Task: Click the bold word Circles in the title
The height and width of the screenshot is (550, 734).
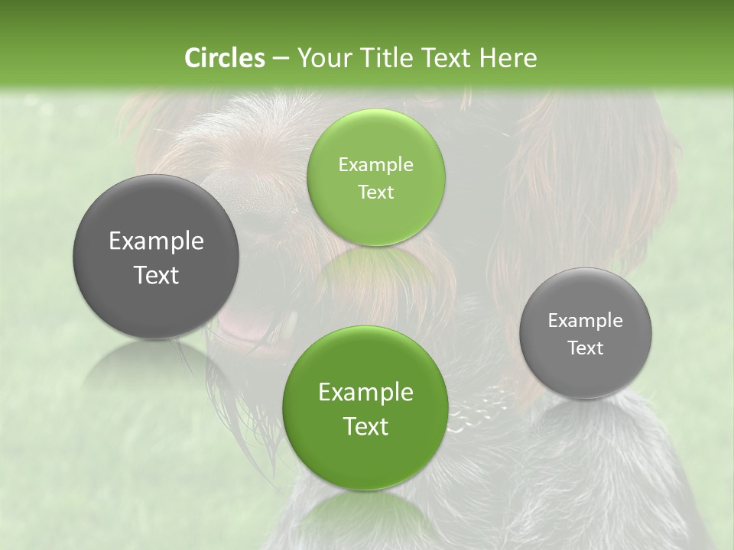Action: click(224, 58)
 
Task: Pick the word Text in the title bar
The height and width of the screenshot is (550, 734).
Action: click(448, 58)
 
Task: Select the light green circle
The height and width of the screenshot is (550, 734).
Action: click(375, 177)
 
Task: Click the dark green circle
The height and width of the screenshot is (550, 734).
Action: click(365, 408)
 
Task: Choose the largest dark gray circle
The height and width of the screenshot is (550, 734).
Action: click(156, 257)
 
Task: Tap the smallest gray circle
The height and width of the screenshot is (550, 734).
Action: click(586, 333)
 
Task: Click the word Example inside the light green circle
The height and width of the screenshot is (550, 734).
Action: click(375, 165)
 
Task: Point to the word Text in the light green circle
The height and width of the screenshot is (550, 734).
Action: click(375, 192)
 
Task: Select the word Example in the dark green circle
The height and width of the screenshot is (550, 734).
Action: click(365, 393)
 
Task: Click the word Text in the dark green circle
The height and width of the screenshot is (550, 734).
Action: click(365, 426)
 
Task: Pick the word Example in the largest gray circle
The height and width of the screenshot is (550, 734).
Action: click(156, 241)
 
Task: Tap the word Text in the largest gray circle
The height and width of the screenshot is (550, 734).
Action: click(156, 275)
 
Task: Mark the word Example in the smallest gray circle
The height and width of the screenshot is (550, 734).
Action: click(586, 320)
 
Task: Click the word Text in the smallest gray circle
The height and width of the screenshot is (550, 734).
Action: click(586, 348)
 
